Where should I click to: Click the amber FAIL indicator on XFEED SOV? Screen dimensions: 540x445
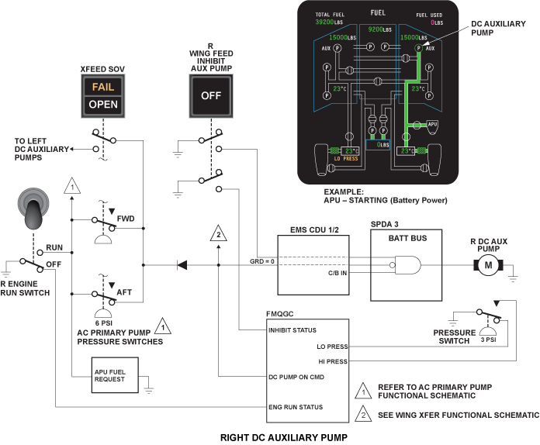tap(103, 87)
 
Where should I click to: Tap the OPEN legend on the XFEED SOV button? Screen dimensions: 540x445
tap(103, 105)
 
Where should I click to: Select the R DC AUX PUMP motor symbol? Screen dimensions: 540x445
tap(488, 265)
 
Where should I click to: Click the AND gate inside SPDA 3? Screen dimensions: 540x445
tap(408, 265)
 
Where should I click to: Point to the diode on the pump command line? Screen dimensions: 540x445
tap(182, 265)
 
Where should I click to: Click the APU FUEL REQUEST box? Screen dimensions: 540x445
tap(115, 375)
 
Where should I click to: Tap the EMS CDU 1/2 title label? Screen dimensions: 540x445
tap(314, 230)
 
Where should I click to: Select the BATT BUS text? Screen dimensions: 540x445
tap(407, 238)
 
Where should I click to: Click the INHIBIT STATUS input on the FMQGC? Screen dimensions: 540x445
tap(292, 330)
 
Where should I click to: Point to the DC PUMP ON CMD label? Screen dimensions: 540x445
tap(296, 377)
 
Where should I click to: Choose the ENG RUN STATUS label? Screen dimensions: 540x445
tap(296, 407)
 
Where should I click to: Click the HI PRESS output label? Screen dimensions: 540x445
tap(333, 361)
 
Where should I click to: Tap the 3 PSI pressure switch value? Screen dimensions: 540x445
tap(488, 340)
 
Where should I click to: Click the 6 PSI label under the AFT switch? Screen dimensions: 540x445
tap(104, 323)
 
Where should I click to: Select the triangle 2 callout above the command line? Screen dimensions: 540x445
tap(218, 233)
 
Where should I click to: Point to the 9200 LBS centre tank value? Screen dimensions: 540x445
tap(380, 29)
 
